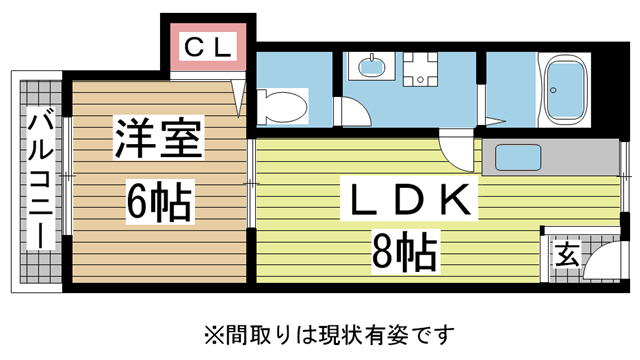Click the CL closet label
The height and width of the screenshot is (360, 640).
pos(208,45)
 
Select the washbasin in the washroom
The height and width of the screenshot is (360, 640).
pos(369,69)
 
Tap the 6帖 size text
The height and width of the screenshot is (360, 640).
pos(158,203)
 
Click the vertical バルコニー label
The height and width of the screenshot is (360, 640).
pos(39,180)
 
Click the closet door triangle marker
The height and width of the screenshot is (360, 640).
pos(238,96)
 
